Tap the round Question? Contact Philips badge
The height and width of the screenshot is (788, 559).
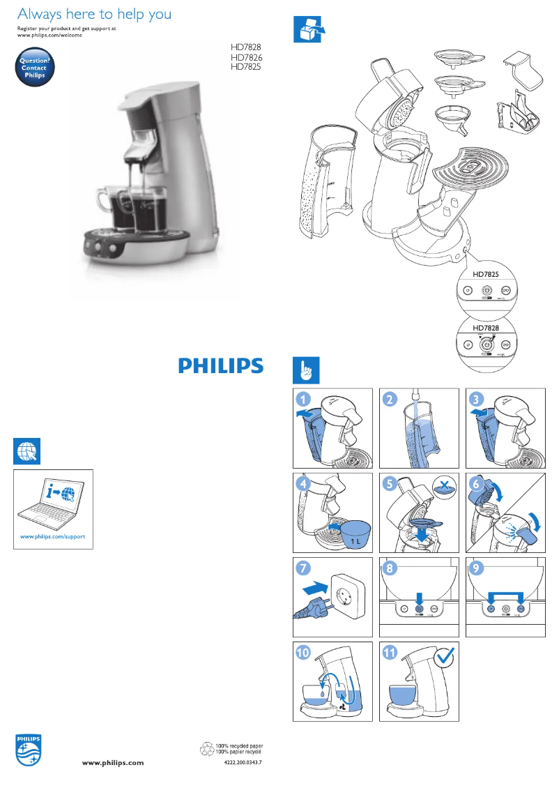click(x=34, y=68)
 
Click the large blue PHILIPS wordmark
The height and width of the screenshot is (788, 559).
click(x=220, y=365)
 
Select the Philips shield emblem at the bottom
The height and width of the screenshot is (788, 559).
click(x=29, y=752)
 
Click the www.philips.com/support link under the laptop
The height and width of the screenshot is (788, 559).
click(x=53, y=537)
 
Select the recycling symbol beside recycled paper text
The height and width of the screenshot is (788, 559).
click(x=207, y=749)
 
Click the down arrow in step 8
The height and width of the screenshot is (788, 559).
click(x=419, y=597)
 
